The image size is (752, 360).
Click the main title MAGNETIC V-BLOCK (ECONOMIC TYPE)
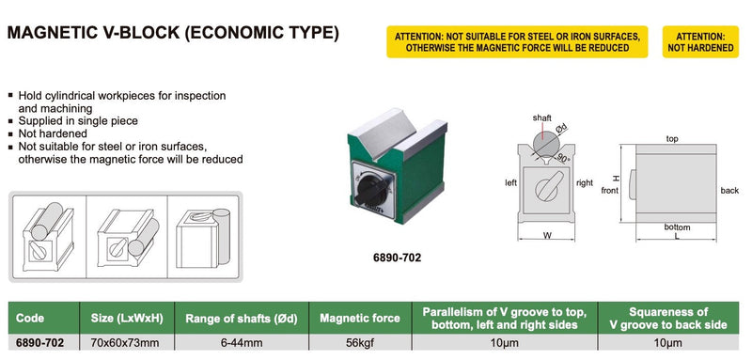click(x=173, y=35)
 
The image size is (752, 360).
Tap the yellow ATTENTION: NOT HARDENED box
click(x=701, y=41)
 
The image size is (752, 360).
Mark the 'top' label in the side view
click(x=671, y=138)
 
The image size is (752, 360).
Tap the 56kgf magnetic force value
click(x=354, y=344)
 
